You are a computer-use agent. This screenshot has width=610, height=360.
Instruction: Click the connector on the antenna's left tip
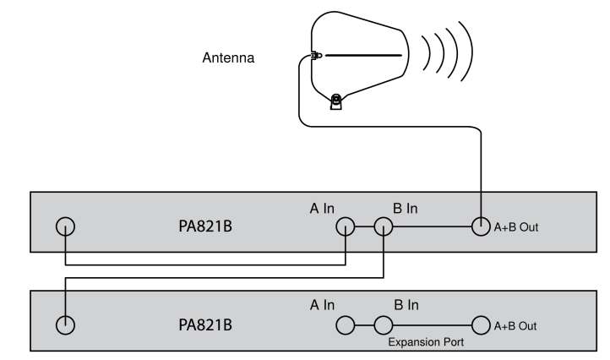click(x=316, y=57)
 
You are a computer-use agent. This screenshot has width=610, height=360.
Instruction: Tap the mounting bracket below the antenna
click(x=336, y=102)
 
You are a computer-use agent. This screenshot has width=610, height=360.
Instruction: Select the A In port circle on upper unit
click(x=345, y=226)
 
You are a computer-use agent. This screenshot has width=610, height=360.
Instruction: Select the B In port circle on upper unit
click(x=384, y=226)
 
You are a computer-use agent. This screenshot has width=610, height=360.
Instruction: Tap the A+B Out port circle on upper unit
click(x=482, y=226)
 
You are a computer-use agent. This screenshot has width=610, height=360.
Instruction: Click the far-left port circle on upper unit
click(x=65, y=226)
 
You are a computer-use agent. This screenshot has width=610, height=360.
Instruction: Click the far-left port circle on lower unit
click(x=65, y=325)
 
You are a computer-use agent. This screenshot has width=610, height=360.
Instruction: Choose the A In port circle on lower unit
click(x=345, y=325)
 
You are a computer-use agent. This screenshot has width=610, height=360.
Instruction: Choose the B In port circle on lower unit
click(x=384, y=325)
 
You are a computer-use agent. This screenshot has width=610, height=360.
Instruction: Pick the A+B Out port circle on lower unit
click(x=482, y=325)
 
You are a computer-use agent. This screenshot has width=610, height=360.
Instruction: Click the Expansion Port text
click(x=424, y=343)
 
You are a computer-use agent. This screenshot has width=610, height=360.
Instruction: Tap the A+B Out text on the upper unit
click(x=516, y=227)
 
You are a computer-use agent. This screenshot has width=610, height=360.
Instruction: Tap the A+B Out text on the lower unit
click(x=516, y=325)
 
